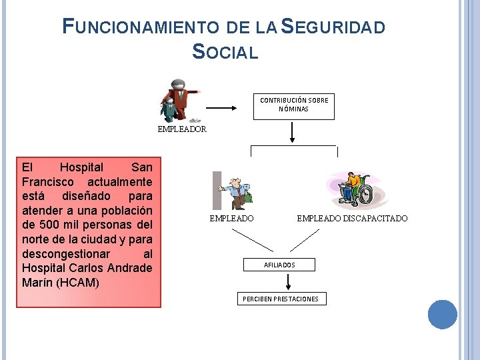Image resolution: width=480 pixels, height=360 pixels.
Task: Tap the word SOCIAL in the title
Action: coord(225,51)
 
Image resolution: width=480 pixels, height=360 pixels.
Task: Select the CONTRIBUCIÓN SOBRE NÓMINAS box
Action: coord(293,105)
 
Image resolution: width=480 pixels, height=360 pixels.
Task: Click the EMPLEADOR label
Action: coord(182,129)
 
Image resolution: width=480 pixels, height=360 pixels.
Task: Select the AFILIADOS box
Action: coord(279,265)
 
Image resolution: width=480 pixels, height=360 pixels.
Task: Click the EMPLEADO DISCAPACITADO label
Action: coord(352,219)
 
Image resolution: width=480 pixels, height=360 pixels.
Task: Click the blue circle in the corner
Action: coord(442,315)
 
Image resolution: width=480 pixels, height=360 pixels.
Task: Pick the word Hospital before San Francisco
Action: coord(81,167)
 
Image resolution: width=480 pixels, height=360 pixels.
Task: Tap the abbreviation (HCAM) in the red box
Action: coord(78,283)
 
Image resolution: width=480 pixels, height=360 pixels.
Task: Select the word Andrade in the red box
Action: coord(130,268)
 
